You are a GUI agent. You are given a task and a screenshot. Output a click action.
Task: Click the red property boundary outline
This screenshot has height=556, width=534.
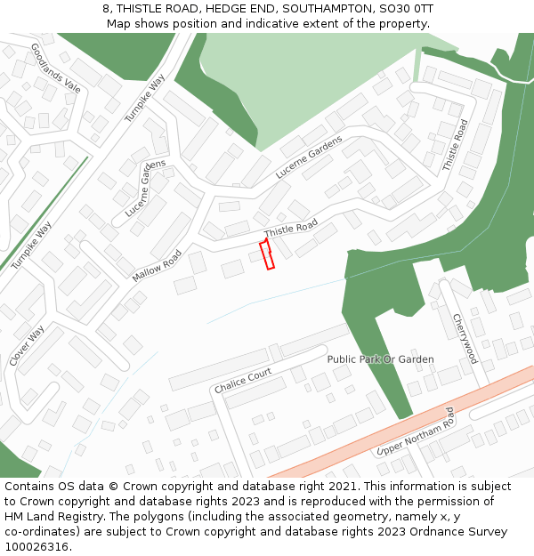266,254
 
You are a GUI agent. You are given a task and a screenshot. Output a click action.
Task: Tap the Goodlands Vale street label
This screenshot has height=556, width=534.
55,68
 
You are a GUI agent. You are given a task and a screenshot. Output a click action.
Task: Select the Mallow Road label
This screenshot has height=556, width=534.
157,266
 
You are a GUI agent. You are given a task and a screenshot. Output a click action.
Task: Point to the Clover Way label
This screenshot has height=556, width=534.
27,345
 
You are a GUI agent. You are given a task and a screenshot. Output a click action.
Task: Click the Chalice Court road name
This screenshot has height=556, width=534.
243,381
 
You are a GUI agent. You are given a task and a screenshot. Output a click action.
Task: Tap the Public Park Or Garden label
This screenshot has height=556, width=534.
380,359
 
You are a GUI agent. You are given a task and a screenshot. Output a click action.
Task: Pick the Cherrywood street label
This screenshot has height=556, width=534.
465,338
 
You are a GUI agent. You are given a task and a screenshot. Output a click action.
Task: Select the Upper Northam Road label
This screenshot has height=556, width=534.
416,431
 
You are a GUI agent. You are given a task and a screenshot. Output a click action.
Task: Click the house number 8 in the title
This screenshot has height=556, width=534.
106,8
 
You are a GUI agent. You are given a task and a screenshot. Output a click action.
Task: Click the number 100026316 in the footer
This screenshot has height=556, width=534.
35,546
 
